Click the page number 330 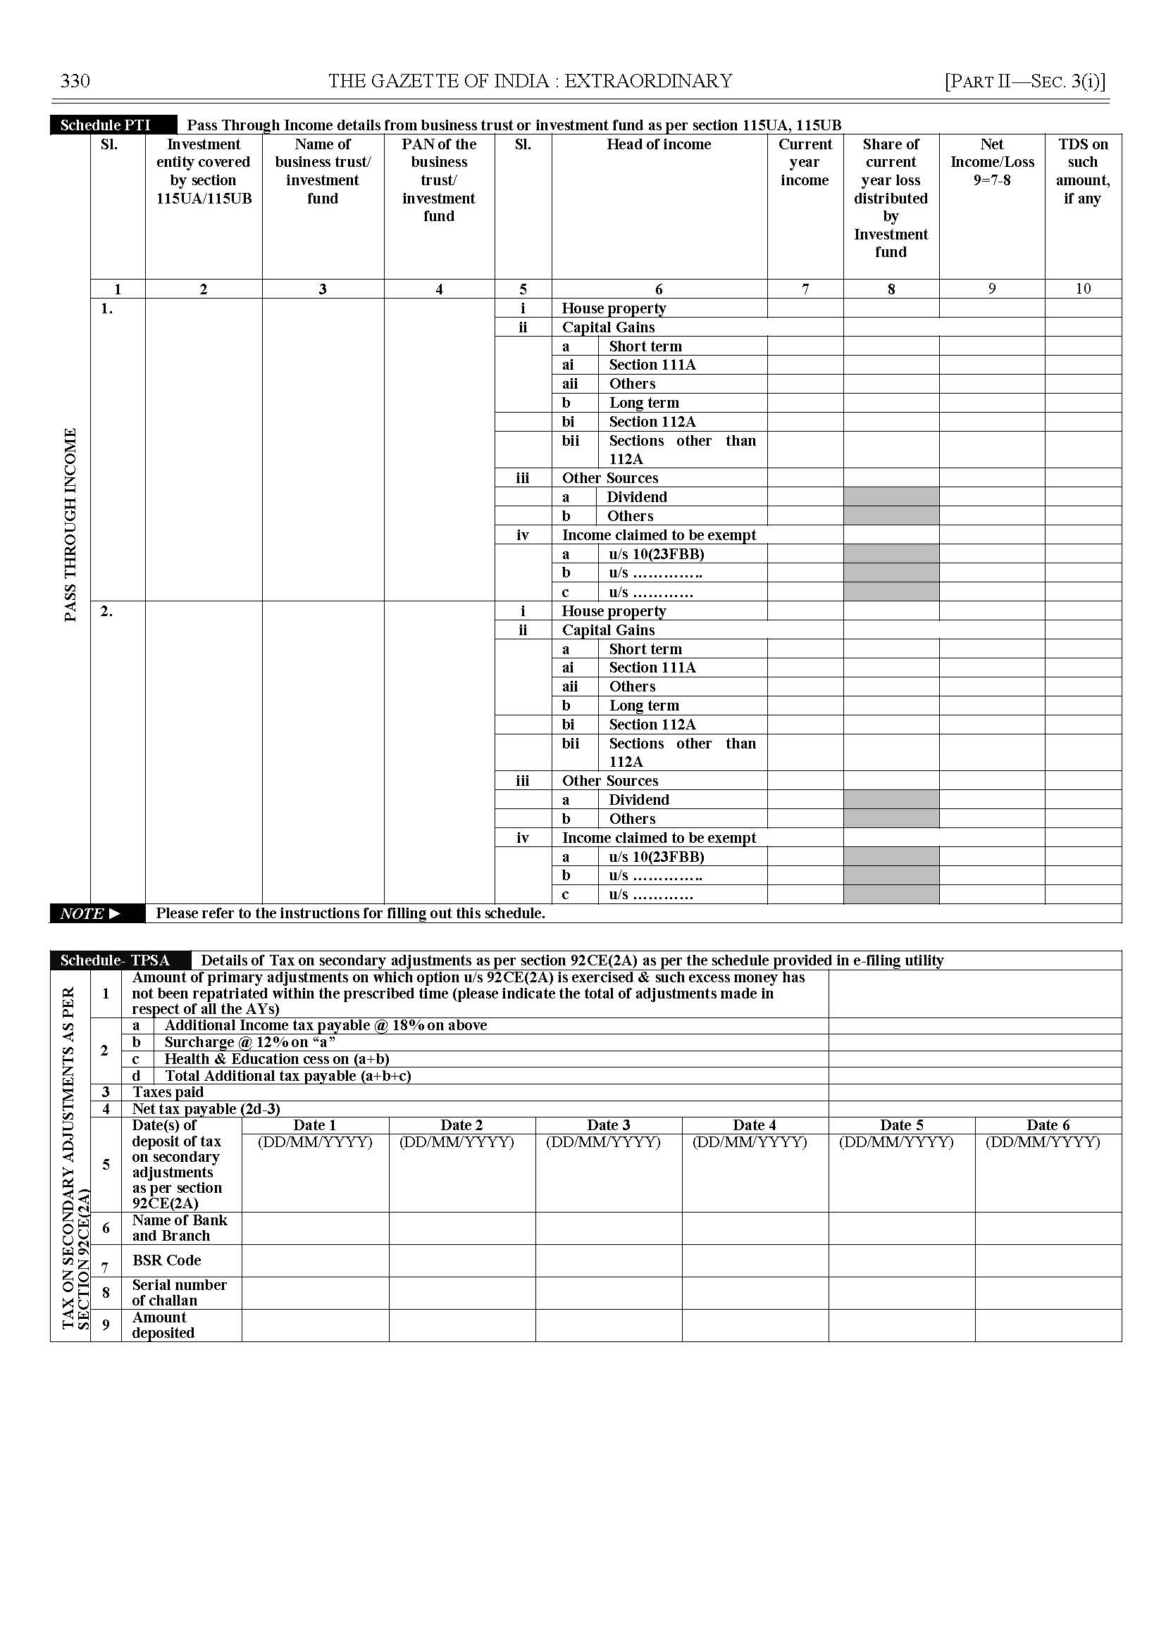75,81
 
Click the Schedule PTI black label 106,125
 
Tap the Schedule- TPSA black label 115,960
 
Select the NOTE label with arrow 89,913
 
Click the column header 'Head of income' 659,144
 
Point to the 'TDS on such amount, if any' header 1083,171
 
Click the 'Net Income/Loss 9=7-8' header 991,162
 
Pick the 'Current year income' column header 804,162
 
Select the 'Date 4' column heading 754,1125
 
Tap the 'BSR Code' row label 166,1260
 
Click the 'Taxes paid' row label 168,1092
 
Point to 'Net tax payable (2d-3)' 206,1109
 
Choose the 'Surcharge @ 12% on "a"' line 250,1042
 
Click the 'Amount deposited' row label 163,1325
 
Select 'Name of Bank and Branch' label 180,1228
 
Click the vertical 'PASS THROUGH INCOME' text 70,525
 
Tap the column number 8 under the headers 891,289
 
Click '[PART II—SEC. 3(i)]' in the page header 1024,81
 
